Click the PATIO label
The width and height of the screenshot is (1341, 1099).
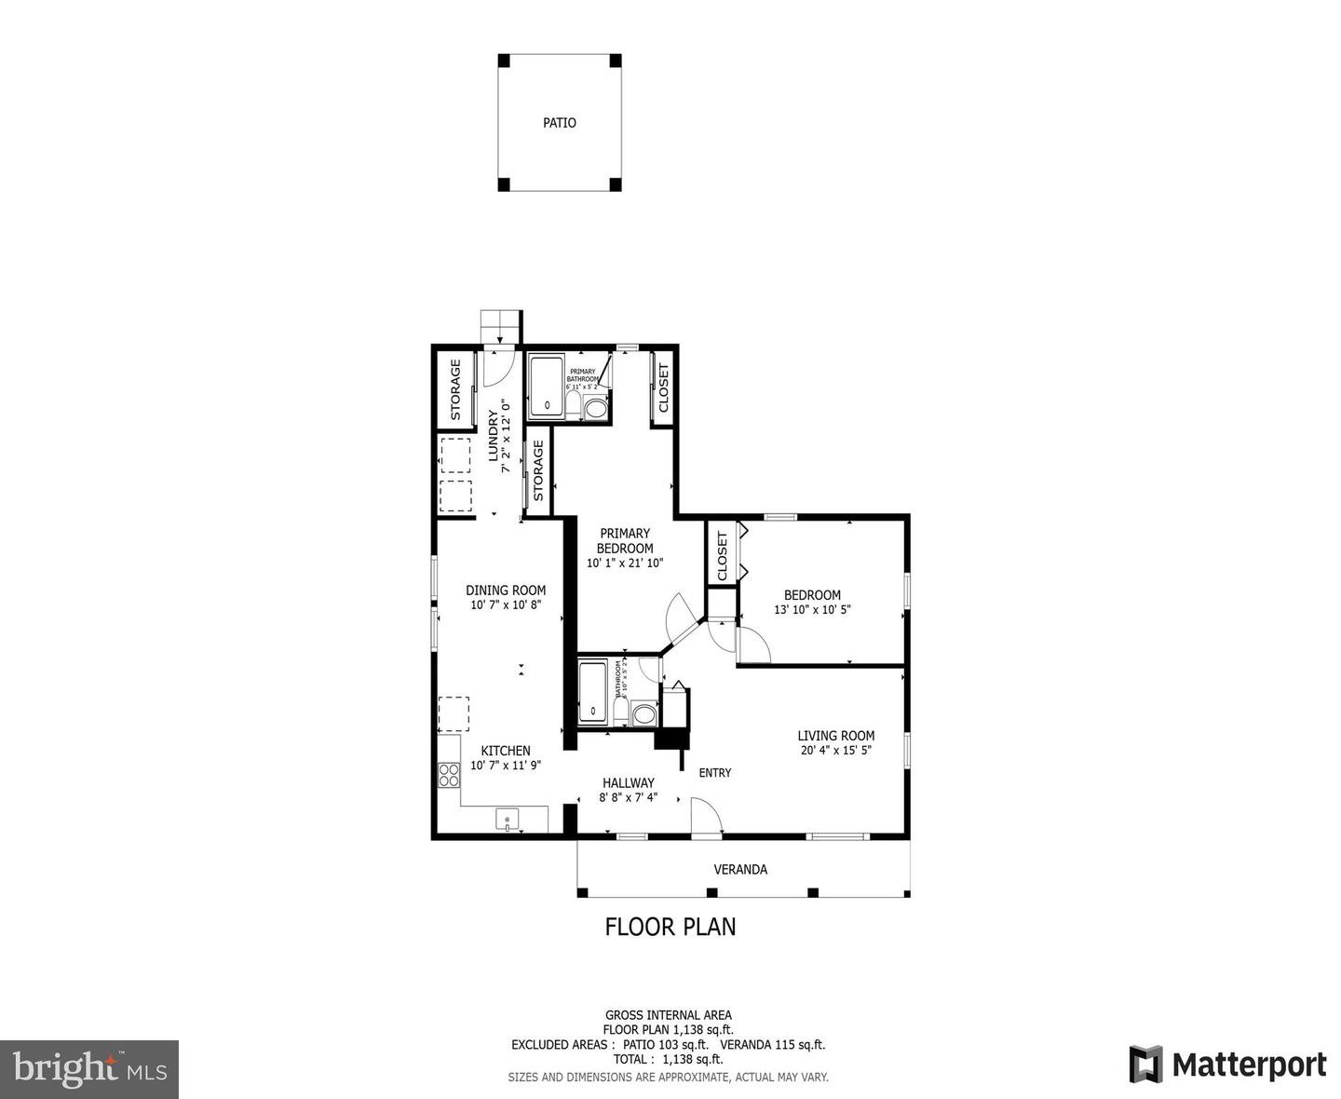[x=560, y=123]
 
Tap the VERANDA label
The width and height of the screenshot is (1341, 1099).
[x=740, y=870]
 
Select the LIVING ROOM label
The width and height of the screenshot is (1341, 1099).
[x=835, y=736]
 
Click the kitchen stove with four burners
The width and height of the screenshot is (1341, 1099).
[x=449, y=775]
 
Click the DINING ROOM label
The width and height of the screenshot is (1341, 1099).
[x=506, y=590]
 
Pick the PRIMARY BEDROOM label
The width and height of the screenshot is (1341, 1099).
[x=624, y=541]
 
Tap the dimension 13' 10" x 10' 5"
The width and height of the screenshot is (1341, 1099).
[x=812, y=610]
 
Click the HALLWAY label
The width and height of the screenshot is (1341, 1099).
[x=628, y=783]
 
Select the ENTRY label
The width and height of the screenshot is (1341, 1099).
[x=715, y=773]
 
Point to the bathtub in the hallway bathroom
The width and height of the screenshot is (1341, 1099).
[x=592, y=691]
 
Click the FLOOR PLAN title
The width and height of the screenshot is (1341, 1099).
[x=670, y=927]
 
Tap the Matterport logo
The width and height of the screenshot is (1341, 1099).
[x=1227, y=1065]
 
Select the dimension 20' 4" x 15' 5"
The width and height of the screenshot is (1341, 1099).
[x=835, y=751]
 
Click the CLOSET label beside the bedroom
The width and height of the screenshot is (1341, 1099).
[x=722, y=557]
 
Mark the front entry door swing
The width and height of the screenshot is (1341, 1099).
[x=708, y=818]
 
